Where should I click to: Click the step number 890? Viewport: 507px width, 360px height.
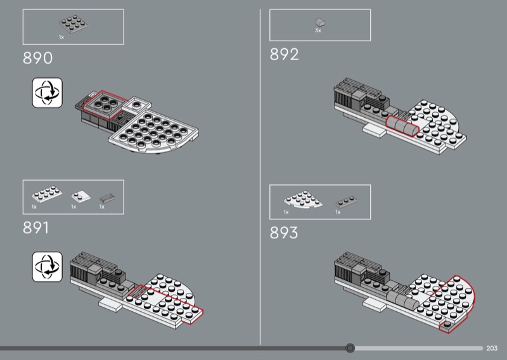tap(37, 58)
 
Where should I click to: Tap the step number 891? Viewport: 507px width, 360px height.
tap(36, 228)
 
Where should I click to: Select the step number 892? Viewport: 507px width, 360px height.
tap(284, 55)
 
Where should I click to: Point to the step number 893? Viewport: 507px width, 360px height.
tap(284, 233)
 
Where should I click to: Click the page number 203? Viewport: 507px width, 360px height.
tap(492, 349)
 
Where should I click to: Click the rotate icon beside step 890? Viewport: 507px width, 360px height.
tap(47, 93)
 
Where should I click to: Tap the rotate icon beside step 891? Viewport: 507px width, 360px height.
tap(47, 267)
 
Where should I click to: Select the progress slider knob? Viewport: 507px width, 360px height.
tap(350, 348)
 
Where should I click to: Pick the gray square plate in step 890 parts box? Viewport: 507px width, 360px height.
tap(74, 24)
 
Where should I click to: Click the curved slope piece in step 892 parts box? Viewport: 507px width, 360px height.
tap(320, 22)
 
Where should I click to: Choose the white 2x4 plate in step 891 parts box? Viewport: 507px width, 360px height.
tap(47, 194)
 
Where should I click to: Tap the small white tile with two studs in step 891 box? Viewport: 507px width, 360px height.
tap(80, 196)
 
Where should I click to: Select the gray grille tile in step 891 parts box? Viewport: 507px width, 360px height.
tap(106, 198)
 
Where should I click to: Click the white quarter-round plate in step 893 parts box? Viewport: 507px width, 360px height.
tap(303, 199)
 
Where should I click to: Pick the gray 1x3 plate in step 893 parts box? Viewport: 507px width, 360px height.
tap(346, 202)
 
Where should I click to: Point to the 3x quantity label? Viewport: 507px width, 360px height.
tap(318, 30)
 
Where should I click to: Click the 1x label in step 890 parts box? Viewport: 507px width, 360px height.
tap(61, 37)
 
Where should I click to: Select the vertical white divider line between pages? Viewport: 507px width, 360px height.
tap(260, 177)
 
